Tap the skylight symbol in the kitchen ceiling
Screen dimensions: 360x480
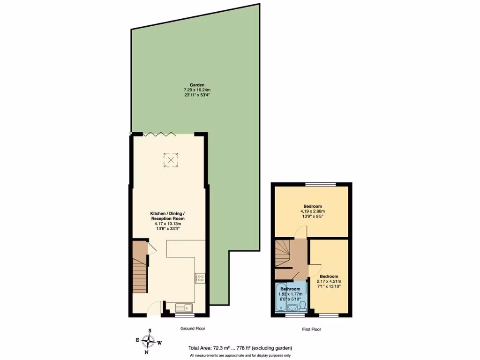tap(171, 160)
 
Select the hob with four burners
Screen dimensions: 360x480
tap(200, 278)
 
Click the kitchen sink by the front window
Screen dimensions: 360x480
tap(184, 308)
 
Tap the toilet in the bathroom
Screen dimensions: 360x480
tap(303, 306)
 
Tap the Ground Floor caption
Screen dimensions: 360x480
tap(193, 329)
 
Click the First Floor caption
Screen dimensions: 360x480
tap(311, 330)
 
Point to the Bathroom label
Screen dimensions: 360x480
tap(290, 289)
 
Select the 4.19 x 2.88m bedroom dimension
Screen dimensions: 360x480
tap(312, 212)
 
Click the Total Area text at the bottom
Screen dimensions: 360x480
tap(240, 348)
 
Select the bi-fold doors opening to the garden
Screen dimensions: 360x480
tap(160, 134)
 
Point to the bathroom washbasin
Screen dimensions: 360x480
tap(292, 308)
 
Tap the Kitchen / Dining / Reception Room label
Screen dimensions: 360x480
tap(167, 216)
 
